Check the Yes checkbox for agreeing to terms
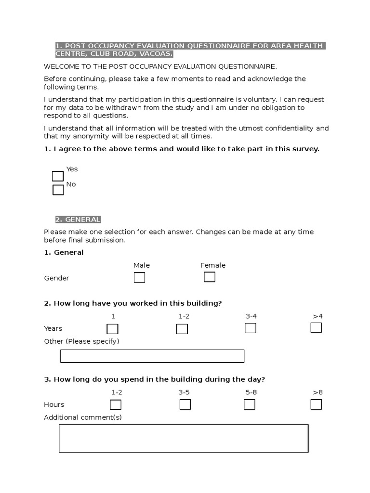(x=58, y=176)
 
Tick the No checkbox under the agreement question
(x=58, y=190)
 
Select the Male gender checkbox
(x=139, y=278)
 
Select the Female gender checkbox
(x=210, y=277)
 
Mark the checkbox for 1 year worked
(x=112, y=329)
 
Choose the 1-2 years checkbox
(x=182, y=329)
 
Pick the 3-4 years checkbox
(x=251, y=328)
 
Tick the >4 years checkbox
(x=316, y=328)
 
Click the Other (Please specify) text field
(x=152, y=356)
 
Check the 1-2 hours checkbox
(x=116, y=405)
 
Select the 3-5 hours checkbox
(x=185, y=404)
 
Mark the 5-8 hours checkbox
(x=250, y=404)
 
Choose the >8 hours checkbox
(x=316, y=404)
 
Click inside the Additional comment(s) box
(x=183, y=438)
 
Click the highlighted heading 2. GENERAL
(x=78, y=220)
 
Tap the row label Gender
(x=56, y=278)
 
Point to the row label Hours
(x=54, y=405)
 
